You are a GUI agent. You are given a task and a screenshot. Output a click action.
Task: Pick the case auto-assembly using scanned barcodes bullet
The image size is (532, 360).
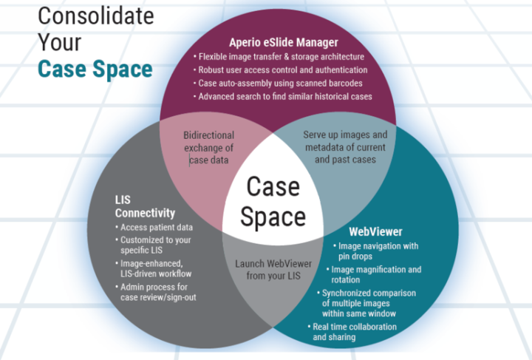280,84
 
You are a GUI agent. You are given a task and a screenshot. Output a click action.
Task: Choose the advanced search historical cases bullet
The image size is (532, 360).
284,97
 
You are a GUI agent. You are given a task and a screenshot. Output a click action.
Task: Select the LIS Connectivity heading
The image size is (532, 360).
145,206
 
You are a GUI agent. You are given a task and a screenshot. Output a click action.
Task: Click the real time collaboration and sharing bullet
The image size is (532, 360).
353,332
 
